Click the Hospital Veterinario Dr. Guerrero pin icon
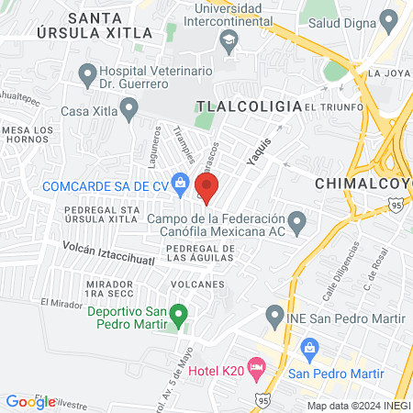coord(88,73)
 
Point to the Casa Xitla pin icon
coord(129,112)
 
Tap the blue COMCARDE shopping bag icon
coord(181,184)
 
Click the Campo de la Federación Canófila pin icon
coord(296,221)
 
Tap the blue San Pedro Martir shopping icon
coord(309,348)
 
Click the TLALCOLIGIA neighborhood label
coord(251,106)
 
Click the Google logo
coord(30,401)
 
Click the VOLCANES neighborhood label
coord(196,285)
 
